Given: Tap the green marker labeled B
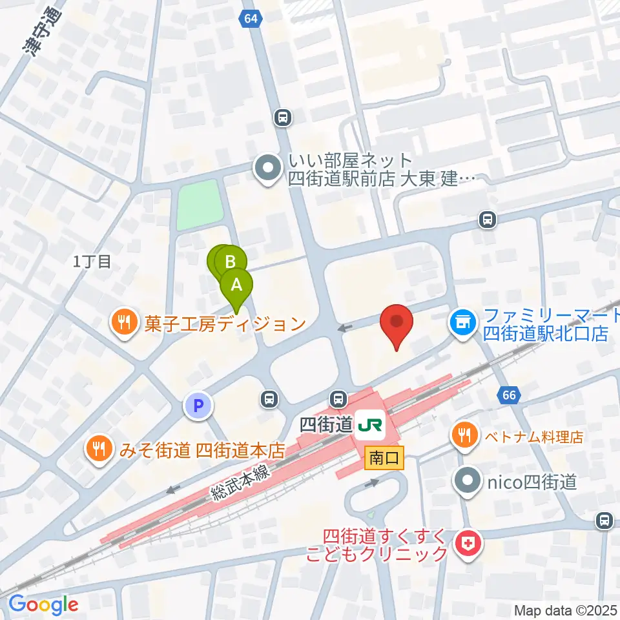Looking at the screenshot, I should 229,262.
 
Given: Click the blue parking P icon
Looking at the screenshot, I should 198,406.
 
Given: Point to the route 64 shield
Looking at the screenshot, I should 252,19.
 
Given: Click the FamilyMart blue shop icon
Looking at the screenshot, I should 462,320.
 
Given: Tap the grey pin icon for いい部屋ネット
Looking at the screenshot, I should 266,169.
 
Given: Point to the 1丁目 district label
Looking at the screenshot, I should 92,262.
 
